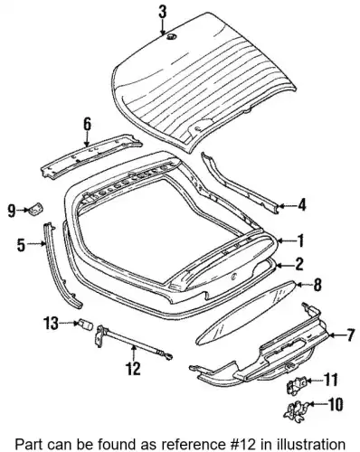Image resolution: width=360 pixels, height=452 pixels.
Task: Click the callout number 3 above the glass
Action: click(x=163, y=13)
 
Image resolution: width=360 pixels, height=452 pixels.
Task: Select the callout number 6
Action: click(x=87, y=125)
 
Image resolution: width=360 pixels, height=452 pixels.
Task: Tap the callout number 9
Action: click(x=12, y=211)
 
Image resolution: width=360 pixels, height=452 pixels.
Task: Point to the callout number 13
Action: click(x=51, y=324)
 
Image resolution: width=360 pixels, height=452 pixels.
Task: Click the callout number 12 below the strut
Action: click(x=133, y=368)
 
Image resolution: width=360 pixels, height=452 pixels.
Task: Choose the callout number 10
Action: click(x=335, y=405)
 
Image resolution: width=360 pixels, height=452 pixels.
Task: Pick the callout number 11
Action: click(x=330, y=381)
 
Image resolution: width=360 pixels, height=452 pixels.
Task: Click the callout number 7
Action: click(x=349, y=335)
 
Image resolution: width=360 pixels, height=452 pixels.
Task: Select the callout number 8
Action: click(x=317, y=285)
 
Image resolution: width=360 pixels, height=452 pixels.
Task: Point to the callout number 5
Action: click(x=21, y=245)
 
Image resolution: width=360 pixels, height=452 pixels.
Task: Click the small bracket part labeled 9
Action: click(x=36, y=208)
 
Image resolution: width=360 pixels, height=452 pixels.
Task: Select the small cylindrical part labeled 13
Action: click(x=86, y=325)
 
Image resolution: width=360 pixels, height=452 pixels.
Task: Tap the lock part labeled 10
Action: click(x=296, y=410)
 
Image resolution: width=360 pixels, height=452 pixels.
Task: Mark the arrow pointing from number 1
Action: click(x=285, y=240)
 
